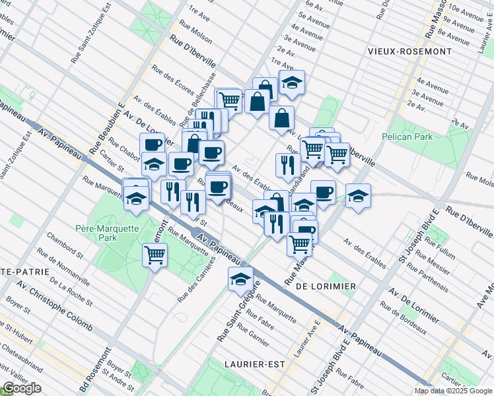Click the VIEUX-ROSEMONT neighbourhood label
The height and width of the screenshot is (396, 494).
point(411,51)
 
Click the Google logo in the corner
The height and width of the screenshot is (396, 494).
point(22,388)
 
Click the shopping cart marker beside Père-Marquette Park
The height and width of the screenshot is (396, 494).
point(155,254)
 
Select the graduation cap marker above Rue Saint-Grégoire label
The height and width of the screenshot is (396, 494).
point(241,279)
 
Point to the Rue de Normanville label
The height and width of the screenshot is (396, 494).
point(63,268)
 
